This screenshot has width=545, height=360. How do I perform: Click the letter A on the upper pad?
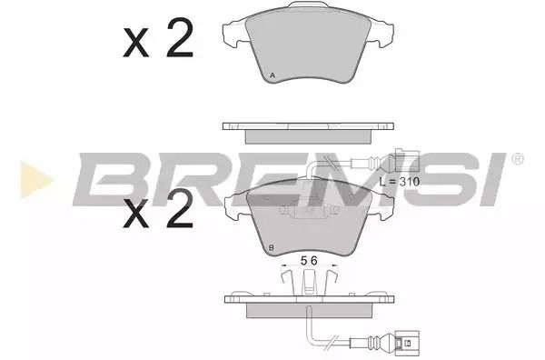tap(272, 75)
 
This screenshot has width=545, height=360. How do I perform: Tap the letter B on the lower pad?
tap(272, 248)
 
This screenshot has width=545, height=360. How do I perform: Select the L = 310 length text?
tap(400, 182)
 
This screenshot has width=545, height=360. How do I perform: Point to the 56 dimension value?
tap(309, 261)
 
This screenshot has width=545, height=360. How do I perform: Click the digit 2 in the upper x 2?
tap(180, 37)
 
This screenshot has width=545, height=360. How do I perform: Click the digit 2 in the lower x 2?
tap(180, 209)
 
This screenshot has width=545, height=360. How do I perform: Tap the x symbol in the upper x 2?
tap(136, 43)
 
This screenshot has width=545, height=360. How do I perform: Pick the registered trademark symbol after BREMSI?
tap(517, 159)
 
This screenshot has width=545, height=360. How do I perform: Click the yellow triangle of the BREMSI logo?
tap(35, 179)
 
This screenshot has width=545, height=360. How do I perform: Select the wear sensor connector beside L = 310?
tap(407, 161)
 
